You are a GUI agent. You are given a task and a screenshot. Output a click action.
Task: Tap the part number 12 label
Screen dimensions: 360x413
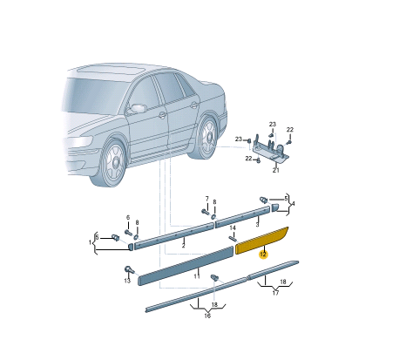click(x=263, y=255)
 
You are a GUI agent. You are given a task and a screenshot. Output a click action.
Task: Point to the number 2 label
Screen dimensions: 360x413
click(x=183, y=245)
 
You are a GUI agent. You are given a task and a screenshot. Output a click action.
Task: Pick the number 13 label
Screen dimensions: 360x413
click(x=127, y=281)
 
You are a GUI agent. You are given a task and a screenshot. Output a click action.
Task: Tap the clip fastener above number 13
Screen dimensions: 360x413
click(x=130, y=268)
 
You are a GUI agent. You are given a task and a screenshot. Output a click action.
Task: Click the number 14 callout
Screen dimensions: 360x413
click(x=233, y=228)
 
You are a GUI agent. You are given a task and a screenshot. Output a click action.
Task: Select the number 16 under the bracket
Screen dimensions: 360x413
click(x=207, y=316)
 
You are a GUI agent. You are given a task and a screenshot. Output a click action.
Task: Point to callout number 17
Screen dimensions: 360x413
click(x=275, y=293)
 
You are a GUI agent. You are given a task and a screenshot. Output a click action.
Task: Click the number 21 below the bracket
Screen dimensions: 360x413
click(x=276, y=170)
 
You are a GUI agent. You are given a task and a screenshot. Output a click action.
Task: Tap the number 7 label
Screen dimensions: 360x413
click(x=206, y=199)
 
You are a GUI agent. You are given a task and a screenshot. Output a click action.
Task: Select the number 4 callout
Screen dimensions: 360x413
click(x=293, y=203)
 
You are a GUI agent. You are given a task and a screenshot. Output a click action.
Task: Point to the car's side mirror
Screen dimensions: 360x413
click(x=137, y=108)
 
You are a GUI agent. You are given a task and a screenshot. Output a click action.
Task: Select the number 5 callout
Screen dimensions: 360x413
click(x=285, y=199)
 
